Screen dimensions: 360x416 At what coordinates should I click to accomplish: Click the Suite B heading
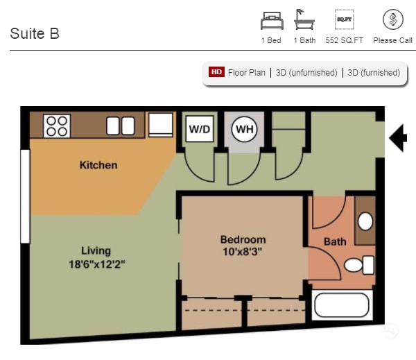point(35,33)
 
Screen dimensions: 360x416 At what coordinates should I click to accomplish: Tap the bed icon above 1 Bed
point(271,21)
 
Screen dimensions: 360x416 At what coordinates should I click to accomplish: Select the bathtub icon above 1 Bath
point(304,20)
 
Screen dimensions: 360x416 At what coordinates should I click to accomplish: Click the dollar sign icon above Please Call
point(392,19)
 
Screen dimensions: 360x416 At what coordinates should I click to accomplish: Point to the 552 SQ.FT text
point(345,40)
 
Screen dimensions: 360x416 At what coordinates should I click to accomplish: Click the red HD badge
point(216,72)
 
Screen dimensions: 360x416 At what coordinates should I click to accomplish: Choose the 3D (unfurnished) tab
point(306,72)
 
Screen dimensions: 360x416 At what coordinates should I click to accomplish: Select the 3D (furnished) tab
point(374,72)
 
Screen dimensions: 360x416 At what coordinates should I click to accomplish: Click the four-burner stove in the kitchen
point(56,126)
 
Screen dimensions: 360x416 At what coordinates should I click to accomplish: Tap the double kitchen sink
point(120,126)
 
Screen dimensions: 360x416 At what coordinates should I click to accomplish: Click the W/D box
point(200,129)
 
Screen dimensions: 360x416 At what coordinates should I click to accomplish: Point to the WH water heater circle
point(244,129)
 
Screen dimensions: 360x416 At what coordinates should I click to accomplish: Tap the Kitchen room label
point(98,165)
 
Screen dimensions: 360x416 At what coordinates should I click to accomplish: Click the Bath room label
point(335,242)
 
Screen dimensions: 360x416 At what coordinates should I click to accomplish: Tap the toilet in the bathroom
point(359,265)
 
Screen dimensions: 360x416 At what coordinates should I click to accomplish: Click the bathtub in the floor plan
point(342,305)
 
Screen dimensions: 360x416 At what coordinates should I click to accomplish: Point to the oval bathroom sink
point(365,221)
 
